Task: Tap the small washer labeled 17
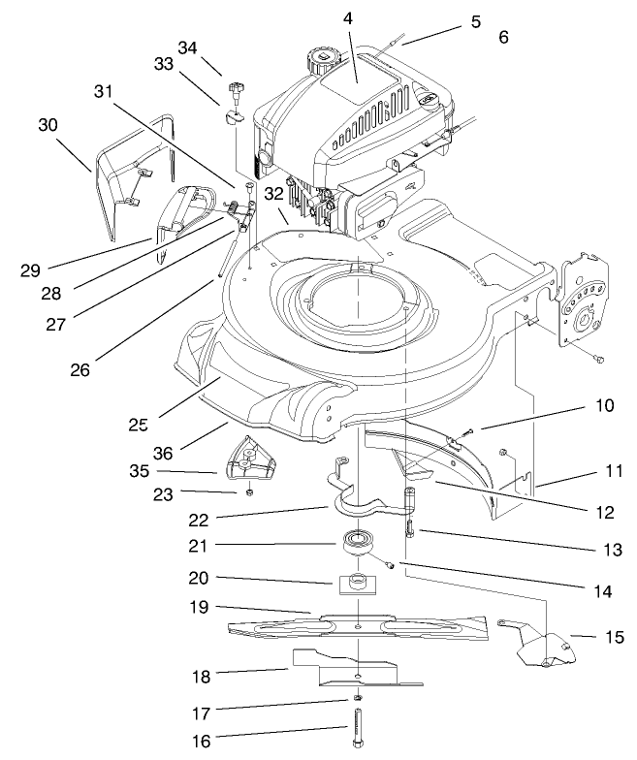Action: [x=359, y=700]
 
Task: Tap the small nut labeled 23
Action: [x=249, y=492]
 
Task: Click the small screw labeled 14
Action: [x=390, y=564]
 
